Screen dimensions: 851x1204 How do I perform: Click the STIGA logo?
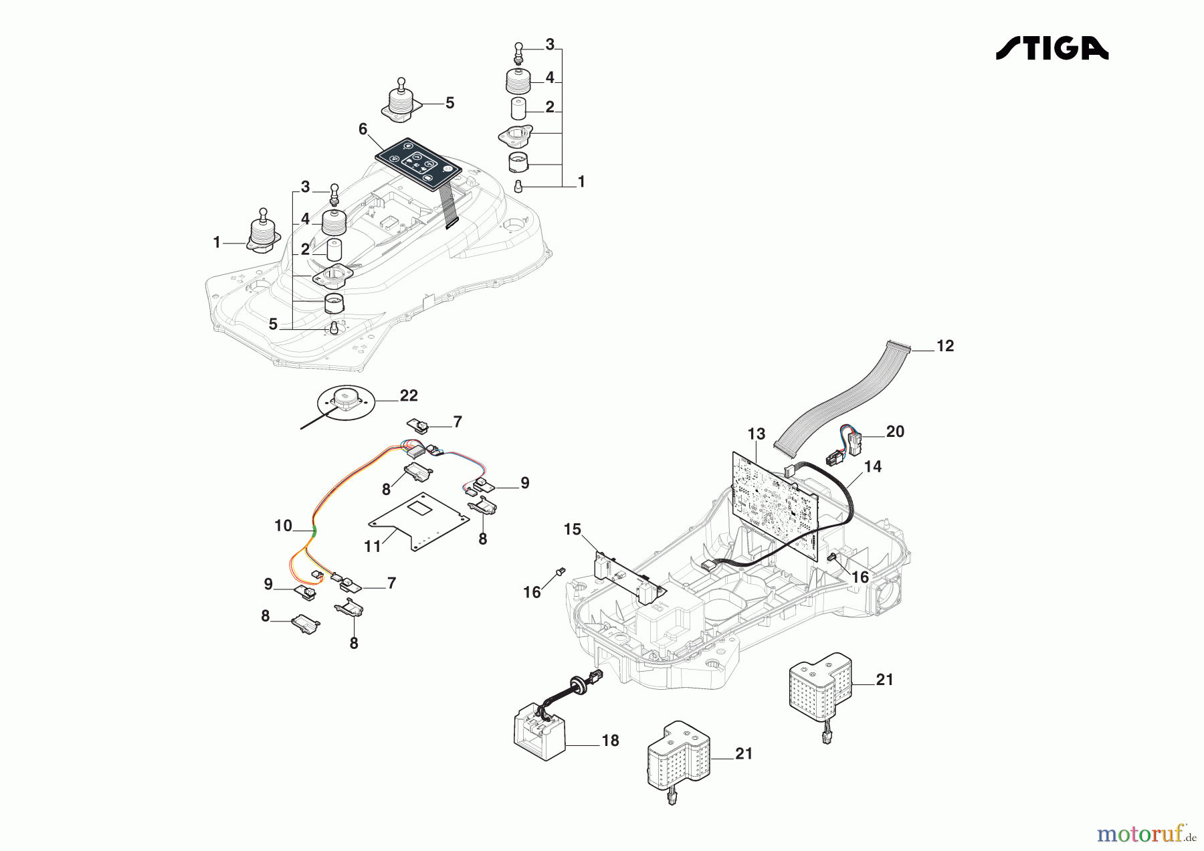pos(1051,48)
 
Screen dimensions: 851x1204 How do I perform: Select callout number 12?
pos(944,346)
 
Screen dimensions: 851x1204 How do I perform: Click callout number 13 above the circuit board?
pos(756,434)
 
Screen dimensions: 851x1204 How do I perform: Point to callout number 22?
pos(408,395)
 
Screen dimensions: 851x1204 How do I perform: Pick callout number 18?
pos(610,741)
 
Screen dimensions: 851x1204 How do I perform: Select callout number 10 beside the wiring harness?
pos(283,526)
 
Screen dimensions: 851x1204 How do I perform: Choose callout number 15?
pos(572,530)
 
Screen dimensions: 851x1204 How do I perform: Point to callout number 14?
pos(872,466)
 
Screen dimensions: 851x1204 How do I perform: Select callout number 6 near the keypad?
pos(363,128)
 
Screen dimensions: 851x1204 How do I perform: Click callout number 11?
pos(372,547)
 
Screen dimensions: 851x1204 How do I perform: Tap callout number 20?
pos(894,432)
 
